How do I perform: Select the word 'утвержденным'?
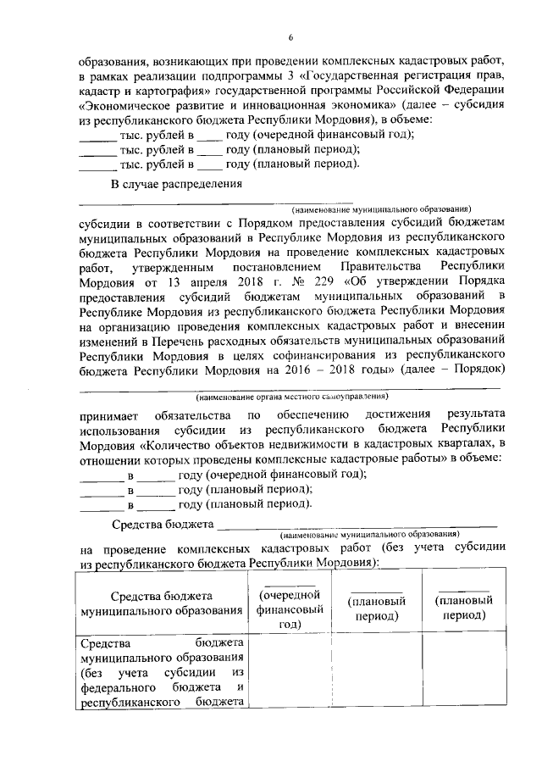pyautogui.click(x=168, y=266)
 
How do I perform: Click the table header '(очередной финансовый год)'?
pyautogui.click(x=289, y=609)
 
